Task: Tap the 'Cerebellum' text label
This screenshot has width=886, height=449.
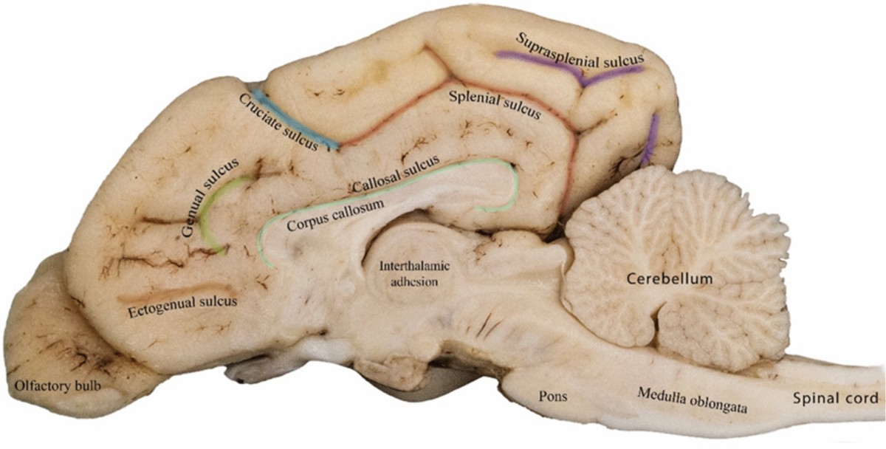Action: click(670, 279)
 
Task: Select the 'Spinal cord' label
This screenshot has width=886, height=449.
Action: click(835, 399)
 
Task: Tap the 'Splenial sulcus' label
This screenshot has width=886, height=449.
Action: click(495, 105)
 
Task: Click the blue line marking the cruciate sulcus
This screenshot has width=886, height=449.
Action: click(295, 118)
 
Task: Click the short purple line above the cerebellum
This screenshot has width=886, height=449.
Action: click(650, 140)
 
